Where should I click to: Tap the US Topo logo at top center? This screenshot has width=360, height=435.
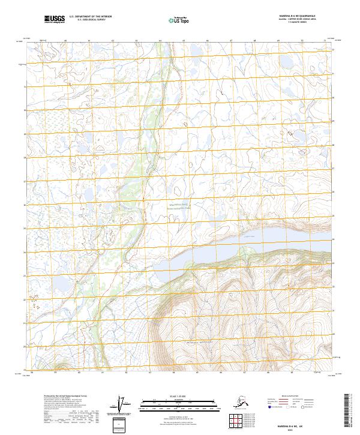tap(179, 20)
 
